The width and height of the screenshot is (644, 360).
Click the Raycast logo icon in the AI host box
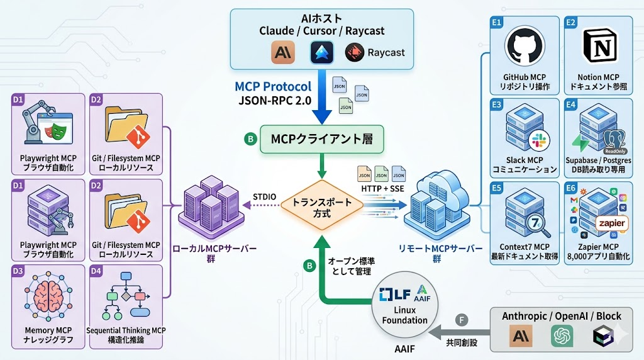pyautogui.click(x=355, y=53)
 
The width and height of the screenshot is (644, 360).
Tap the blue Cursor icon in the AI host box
pyautogui.click(x=321, y=53)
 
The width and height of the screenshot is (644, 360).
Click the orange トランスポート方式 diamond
pyautogui.click(x=321, y=208)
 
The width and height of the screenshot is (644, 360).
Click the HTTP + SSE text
pyautogui.click(x=382, y=188)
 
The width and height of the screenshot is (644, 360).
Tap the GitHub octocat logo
pyautogui.click(x=523, y=46)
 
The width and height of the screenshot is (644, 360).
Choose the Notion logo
pyautogui.click(x=597, y=45)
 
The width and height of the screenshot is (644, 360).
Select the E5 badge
pyautogui.click(x=496, y=188)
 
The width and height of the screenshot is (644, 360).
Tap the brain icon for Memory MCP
pyautogui.click(x=49, y=296)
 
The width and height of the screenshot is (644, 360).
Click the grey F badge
pyautogui.click(x=462, y=320)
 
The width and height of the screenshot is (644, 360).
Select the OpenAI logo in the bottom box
pyautogui.click(x=562, y=337)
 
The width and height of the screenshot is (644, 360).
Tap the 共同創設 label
pyautogui.click(x=462, y=344)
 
